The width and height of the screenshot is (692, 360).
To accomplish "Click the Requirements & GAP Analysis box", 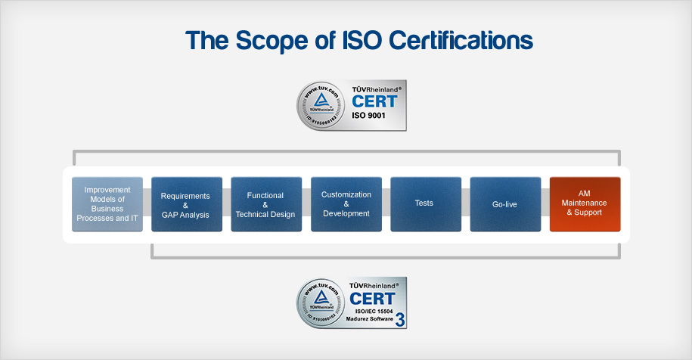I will pos(185,204).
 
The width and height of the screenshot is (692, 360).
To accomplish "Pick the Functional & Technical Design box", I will pos(265,204).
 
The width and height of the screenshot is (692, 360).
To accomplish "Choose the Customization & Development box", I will pos(346,204).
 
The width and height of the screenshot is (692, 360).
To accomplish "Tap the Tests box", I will pos(424,204).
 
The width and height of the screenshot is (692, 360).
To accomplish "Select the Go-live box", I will pos(504,204).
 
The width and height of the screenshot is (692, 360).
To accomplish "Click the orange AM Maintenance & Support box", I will pos(585,204).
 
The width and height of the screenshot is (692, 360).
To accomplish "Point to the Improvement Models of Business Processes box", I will pos(107,204).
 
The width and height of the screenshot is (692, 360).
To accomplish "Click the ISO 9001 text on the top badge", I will pos(369,117).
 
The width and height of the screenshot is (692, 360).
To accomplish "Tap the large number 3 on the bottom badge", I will pos(399,319).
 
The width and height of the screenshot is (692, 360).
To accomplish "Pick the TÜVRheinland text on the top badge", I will pos(376,88).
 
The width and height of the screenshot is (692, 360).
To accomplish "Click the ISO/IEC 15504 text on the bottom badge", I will pos(372,311).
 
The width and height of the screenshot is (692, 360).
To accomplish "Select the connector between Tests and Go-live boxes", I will pos(465,204).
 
